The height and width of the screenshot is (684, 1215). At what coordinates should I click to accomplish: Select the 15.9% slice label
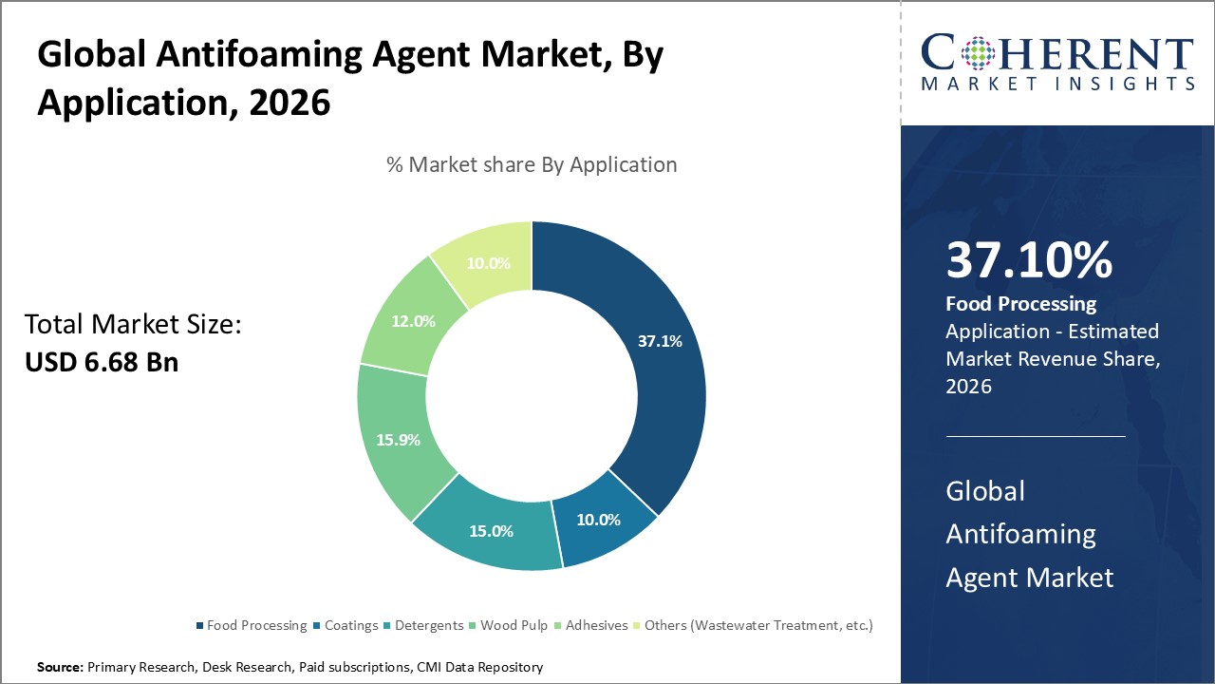click(x=398, y=440)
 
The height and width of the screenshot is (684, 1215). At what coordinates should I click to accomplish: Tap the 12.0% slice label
click(x=413, y=321)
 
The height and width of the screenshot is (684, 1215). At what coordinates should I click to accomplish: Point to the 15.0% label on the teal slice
click(x=491, y=531)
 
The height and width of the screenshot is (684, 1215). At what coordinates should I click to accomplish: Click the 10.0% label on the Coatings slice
click(x=598, y=520)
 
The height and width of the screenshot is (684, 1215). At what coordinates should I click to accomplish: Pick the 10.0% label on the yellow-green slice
click(x=488, y=263)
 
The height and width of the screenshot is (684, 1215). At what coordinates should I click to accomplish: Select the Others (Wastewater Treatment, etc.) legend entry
click(x=757, y=625)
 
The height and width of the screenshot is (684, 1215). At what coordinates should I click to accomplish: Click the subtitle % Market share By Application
click(x=532, y=164)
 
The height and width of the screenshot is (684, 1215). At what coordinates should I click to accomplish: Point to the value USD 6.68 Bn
click(x=101, y=362)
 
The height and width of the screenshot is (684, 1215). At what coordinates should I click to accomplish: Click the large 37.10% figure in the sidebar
click(x=1029, y=260)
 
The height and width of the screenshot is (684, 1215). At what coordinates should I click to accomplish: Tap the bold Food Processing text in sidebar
click(x=1020, y=304)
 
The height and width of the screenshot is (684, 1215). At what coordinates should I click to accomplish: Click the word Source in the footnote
click(x=59, y=668)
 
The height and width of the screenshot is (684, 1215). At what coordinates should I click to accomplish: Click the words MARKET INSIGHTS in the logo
click(x=1057, y=84)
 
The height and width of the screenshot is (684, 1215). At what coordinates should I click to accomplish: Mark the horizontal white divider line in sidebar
click(x=1035, y=436)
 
